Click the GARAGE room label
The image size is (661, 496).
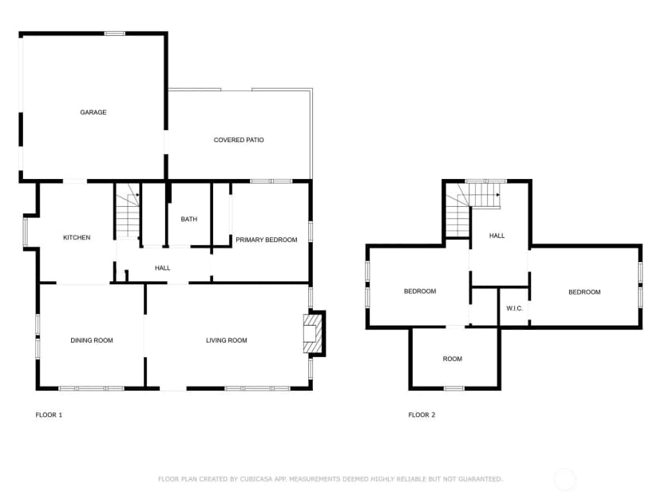point(93,112)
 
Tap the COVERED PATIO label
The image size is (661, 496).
point(239,140)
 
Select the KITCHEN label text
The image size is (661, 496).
point(77,237)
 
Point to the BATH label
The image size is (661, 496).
point(189,219)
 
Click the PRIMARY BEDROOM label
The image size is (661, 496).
point(267,240)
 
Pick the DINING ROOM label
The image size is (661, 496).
point(92,340)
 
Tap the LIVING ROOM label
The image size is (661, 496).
point(227,340)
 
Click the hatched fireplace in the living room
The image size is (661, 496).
point(310,334)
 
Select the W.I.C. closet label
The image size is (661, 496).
point(514,308)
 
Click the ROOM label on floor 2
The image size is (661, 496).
point(453,359)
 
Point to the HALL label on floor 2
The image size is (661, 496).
point(497,236)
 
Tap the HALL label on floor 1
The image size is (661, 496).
point(162,268)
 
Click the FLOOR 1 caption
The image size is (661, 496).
point(49,415)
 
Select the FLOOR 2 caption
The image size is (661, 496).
point(422,415)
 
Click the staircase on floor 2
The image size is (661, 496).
point(473,209)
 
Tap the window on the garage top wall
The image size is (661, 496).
point(115,34)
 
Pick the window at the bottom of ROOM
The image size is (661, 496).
point(454,388)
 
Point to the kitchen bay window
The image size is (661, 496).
point(26,232)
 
